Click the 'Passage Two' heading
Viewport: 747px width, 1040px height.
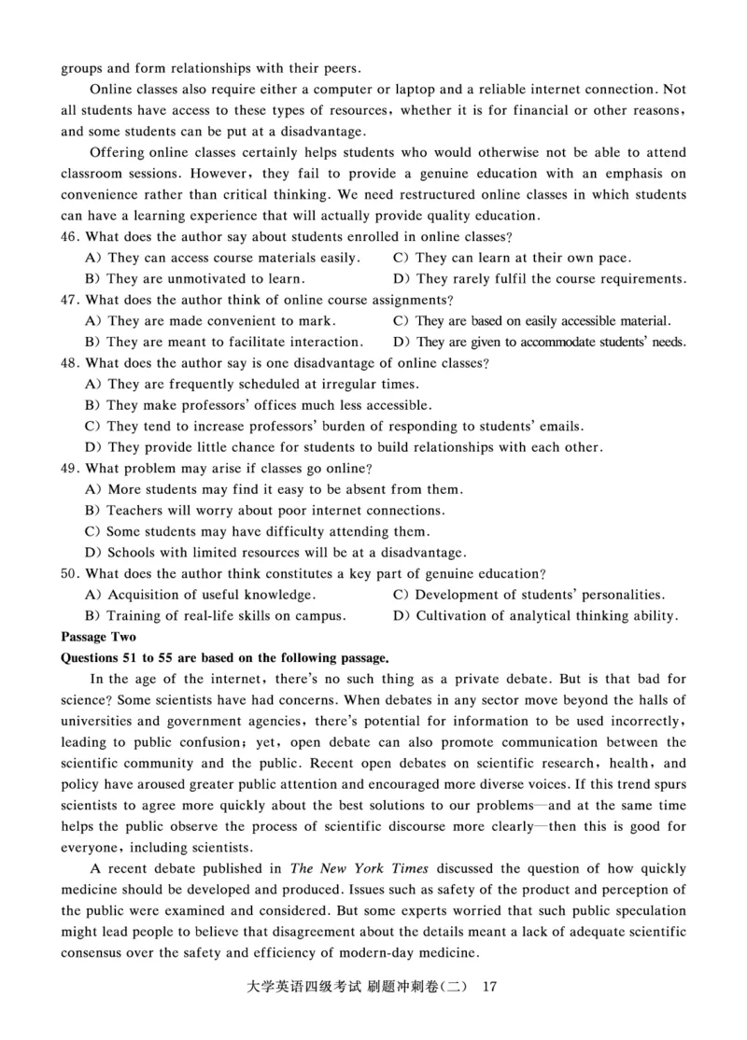98,637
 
